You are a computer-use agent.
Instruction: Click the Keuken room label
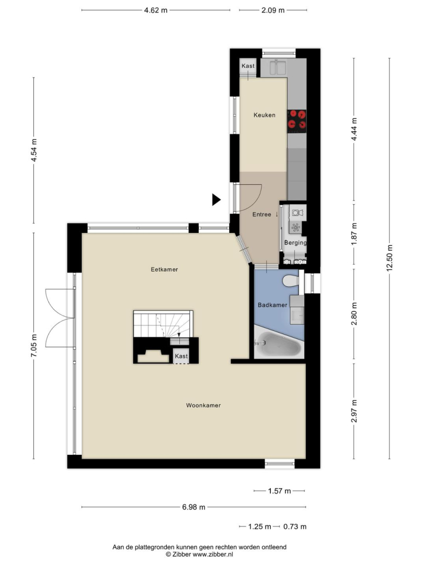pos(264,115)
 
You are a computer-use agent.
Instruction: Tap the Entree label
pos(262,215)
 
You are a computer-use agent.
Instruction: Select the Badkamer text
pos(272,305)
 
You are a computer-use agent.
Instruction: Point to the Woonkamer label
pos(203,405)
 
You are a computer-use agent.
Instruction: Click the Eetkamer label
pos(165,269)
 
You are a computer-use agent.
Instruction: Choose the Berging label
pos(295,243)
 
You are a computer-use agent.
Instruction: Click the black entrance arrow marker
pos(216,199)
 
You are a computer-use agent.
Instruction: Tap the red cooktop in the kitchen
pos(296,119)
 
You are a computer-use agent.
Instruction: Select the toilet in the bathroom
pos(291,280)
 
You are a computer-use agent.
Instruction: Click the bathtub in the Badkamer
pos(279,344)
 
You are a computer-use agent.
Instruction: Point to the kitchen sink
pos(278,67)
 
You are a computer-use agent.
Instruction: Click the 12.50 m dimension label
pos(390,258)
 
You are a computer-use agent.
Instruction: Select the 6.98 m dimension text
pos(193,507)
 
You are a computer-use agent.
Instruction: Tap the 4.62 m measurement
pos(156,10)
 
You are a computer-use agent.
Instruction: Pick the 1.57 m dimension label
pos(279,491)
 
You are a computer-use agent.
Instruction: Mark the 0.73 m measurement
pos(295,526)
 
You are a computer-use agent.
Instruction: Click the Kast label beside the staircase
pos(181,356)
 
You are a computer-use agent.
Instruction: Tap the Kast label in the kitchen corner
pos(248,66)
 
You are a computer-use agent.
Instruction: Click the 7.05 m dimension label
pos(34,346)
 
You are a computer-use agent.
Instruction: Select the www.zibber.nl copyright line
pos(199,554)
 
